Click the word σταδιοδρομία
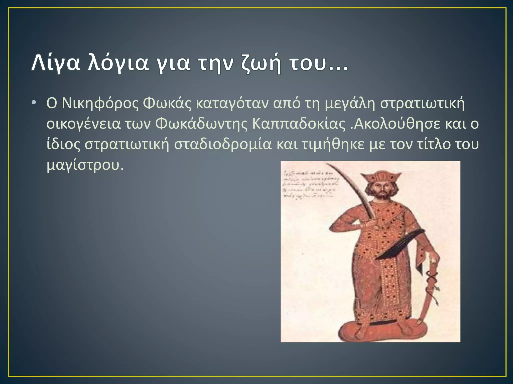click(x=223, y=144)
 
